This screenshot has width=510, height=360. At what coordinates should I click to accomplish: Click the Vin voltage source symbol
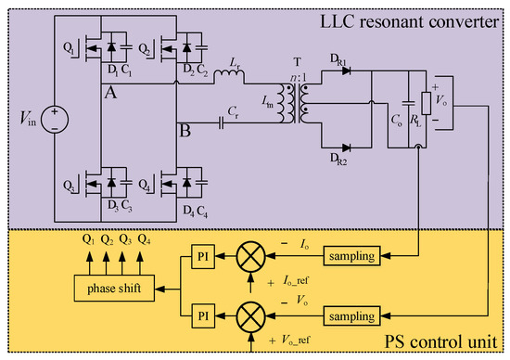pyautogui.click(x=55, y=120)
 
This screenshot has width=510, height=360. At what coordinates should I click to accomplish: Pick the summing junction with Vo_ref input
pyautogui.click(x=257, y=316)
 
